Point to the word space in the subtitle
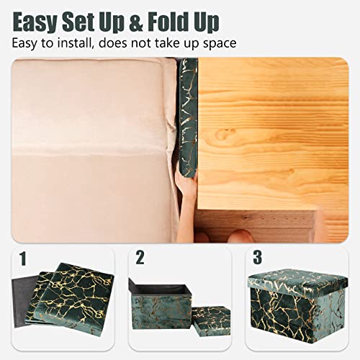click(x=219, y=43)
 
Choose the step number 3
click(x=255, y=258)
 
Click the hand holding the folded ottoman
click(x=186, y=205)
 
